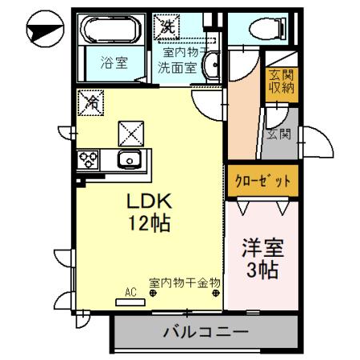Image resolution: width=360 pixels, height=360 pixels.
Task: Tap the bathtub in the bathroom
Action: click(x=113, y=30)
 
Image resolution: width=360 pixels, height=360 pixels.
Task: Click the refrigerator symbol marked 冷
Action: click(x=93, y=102)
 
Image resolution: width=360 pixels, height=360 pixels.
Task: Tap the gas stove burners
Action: click(x=88, y=159)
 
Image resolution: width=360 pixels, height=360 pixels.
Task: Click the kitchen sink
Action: click(x=128, y=159)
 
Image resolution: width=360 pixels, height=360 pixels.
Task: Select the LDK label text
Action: click(x=149, y=201)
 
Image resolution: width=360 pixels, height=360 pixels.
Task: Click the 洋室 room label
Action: click(x=262, y=247)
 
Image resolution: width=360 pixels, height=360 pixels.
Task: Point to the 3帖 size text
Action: click(x=262, y=270)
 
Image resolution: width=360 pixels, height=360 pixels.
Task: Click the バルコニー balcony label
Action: click(x=206, y=330)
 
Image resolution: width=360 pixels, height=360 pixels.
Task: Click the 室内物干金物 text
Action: click(x=185, y=282)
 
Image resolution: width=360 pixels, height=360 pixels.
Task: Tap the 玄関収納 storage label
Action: click(x=281, y=82)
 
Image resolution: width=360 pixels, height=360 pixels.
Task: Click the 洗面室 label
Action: click(x=177, y=67)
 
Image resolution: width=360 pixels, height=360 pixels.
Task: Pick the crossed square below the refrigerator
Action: click(x=129, y=130)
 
